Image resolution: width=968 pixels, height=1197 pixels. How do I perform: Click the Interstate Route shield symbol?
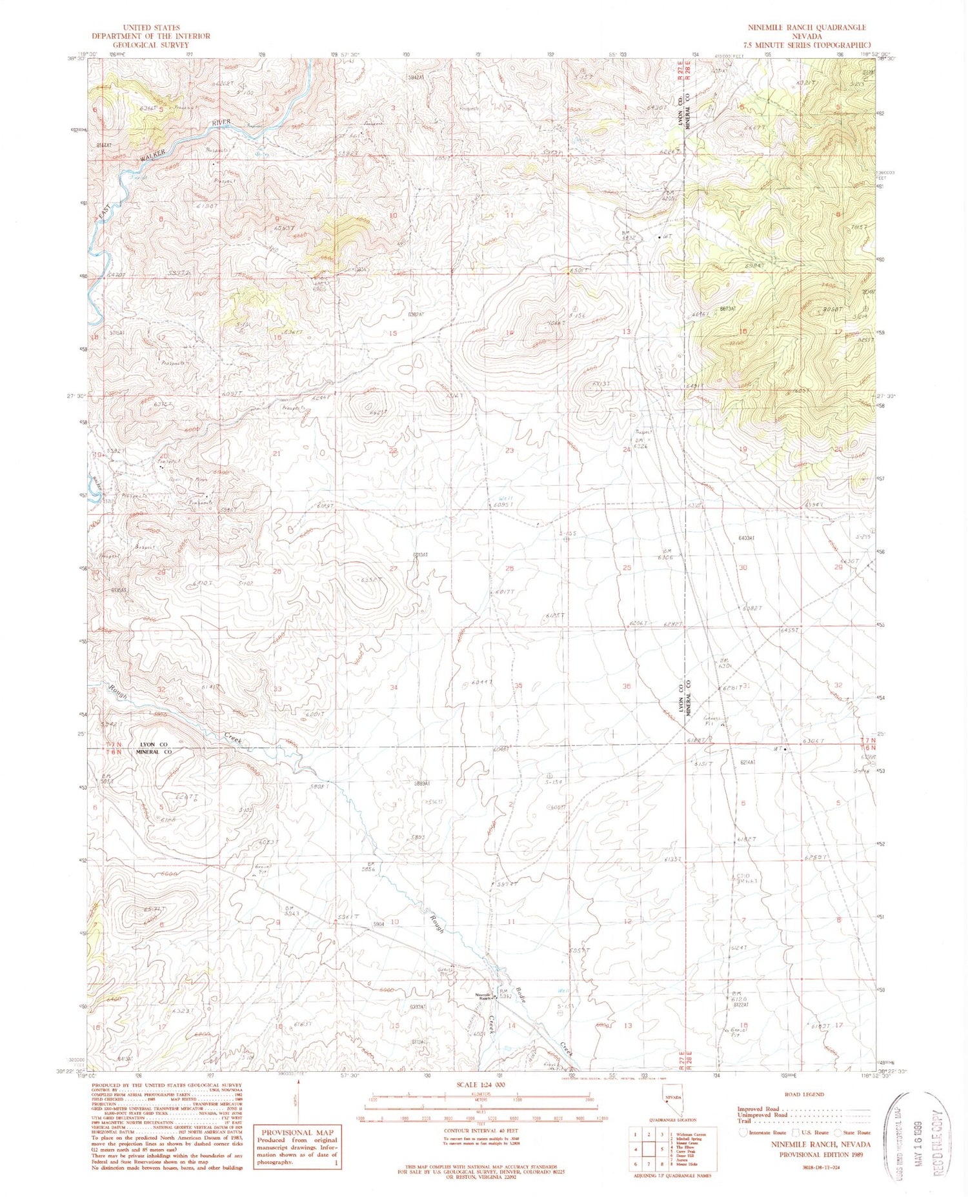coord(744,1132)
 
